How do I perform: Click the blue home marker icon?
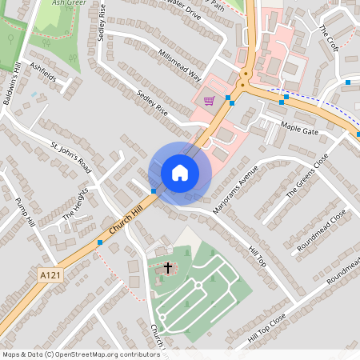pyautogui.click(x=180, y=172)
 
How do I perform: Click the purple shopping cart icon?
pyautogui.click(x=209, y=101)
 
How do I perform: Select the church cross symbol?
pyautogui.click(x=168, y=267)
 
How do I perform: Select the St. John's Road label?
pyautogui.click(x=71, y=158)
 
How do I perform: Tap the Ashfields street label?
pyautogui.click(x=42, y=72)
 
